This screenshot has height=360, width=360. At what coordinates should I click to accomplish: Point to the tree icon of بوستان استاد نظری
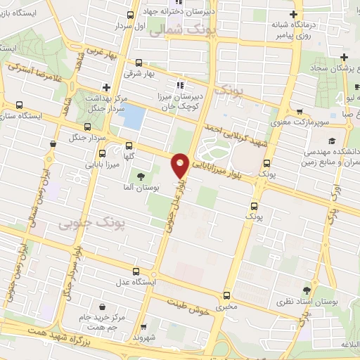(307, 289)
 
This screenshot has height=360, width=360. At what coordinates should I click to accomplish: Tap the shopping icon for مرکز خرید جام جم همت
(103, 308)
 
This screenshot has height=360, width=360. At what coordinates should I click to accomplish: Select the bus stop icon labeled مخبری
(226, 295)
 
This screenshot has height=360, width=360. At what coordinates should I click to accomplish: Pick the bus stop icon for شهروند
(143, 327)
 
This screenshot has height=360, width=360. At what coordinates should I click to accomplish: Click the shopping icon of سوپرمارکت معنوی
(300, 112)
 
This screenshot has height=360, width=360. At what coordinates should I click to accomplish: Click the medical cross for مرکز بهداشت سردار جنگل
(105, 88)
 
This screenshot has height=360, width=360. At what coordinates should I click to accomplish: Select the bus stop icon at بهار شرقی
(138, 61)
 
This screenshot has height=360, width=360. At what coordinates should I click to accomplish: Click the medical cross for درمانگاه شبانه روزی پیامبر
(294, 15)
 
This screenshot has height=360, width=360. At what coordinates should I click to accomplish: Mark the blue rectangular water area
(133, 117)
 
